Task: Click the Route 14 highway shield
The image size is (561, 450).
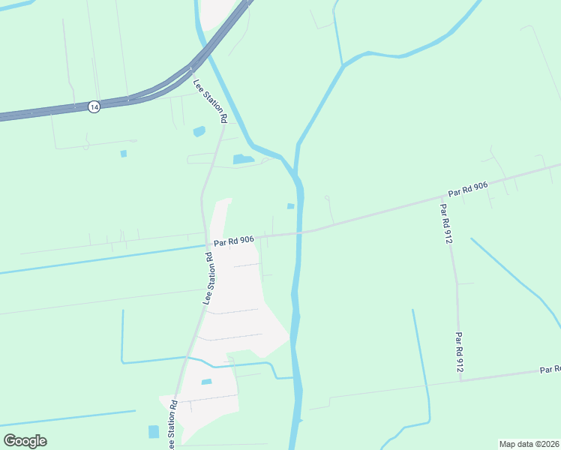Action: pyautogui.click(x=93, y=106)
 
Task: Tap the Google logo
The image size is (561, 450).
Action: pyautogui.click(x=25, y=441)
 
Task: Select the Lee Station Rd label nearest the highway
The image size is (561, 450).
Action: pyautogui.click(x=210, y=101)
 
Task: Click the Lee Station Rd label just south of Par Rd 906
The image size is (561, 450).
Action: pyautogui.click(x=210, y=277)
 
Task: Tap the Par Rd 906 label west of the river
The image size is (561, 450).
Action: pyautogui.click(x=234, y=241)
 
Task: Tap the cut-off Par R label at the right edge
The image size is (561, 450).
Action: pyautogui.click(x=550, y=370)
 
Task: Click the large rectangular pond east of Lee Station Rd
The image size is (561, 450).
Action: pyautogui.click(x=243, y=159)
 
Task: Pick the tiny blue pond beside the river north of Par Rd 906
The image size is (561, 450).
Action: pyautogui.click(x=290, y=206)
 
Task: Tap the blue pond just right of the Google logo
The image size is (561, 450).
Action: pyautogui.click(x=154, y=431)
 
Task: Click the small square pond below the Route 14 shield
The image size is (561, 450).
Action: pyautogui.click(x=124, y=154)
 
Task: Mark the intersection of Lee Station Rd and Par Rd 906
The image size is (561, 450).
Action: pyautogui.click(x=206, y=243)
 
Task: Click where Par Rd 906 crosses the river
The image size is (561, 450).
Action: pyautogui.click(x=300, y=232)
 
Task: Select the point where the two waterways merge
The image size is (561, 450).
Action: pyautogui.click(x=297, y=175)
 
